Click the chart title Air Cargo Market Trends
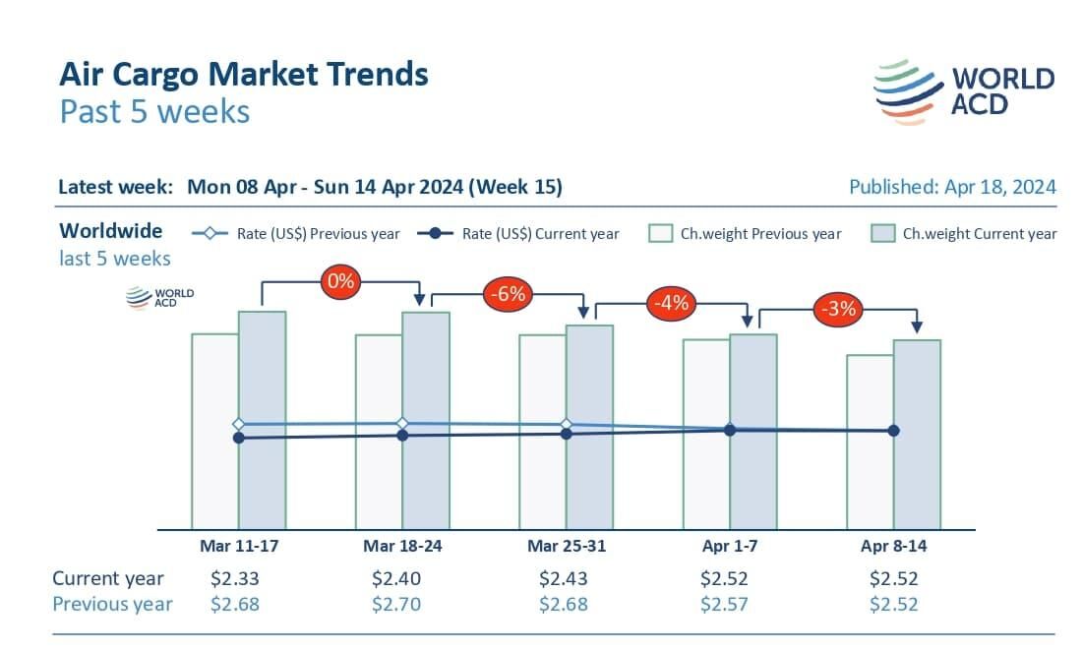[244, 74]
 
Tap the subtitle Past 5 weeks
[154, 111]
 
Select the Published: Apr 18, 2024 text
[952, 187]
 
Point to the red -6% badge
[508, 293]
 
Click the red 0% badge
[341, 282]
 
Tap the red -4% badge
[671, 304]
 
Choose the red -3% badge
[837, 309]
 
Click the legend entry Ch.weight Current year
[965, 233]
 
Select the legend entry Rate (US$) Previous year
[296, 233]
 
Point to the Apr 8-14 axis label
[893, 547]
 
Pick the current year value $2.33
[235, 578]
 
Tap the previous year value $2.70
[396, 604]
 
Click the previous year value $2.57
[725, 604]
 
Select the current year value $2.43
[564, 578]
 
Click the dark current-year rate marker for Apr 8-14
[893, 431]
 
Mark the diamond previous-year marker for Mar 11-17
[238, 424]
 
